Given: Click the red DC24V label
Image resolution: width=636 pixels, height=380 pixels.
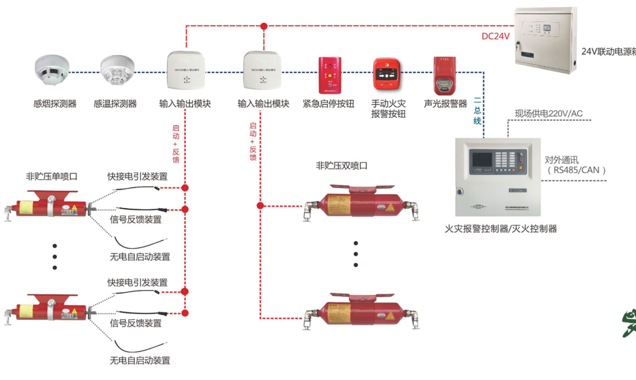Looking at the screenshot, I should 496,36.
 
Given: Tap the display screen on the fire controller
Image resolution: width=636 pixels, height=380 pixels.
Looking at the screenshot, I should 481,159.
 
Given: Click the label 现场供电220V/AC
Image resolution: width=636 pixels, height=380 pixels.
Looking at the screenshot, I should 549,113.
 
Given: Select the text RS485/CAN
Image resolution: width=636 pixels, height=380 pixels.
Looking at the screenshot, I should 577,170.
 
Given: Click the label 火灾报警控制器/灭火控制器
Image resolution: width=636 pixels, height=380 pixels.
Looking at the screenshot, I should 500,229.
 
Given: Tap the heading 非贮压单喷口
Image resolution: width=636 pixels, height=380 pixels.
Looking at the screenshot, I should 51,177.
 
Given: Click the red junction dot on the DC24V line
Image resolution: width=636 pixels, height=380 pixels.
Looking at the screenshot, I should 264,26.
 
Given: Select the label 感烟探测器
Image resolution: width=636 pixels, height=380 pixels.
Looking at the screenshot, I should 55,104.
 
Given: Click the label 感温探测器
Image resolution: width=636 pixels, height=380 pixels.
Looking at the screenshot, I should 115,104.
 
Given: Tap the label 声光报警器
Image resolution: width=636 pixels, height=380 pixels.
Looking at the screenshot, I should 445,104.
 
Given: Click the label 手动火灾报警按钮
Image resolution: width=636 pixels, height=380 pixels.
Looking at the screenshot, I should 388,109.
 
